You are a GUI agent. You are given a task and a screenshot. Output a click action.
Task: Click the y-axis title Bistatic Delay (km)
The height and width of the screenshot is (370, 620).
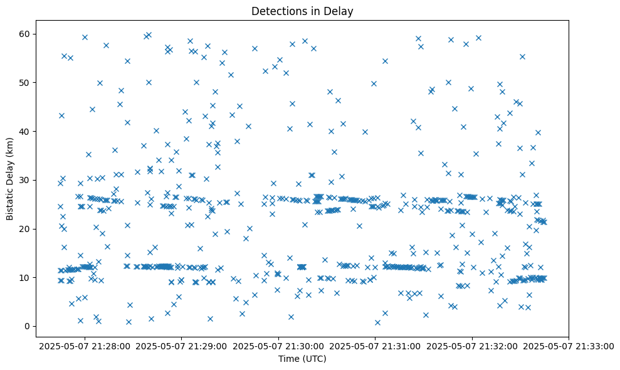point(11,178)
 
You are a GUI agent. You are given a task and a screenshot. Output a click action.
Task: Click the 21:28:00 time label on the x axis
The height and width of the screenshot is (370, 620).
point(84,346)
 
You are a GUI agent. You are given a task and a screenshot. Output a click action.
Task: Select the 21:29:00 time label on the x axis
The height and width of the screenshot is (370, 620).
point(181,346)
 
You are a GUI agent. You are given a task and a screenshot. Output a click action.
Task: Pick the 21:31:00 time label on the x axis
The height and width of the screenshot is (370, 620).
point(376,346)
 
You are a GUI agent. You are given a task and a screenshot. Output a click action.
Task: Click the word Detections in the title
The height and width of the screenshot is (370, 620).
point(277,11)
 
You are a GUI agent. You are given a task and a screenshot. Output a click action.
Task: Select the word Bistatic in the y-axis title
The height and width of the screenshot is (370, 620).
point(11,202)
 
